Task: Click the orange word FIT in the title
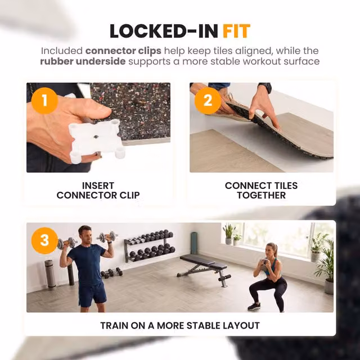coord(236,31)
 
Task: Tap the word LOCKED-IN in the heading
coord(164,31)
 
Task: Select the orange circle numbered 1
coord(44,101)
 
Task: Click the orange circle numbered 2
coord(208,101)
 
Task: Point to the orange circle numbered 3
coord(44,240)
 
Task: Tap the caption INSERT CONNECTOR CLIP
coord(98,190)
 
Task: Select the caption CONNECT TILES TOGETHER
coord(261,190)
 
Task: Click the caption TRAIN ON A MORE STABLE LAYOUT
coord(180,326)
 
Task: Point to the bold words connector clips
coord(123,51)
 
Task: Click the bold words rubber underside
coord(83,61)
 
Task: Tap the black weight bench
coord(204,269)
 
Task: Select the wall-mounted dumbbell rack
coord(150,246)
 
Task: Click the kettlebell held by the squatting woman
coord(264,264)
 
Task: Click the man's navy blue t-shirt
coord(87,264)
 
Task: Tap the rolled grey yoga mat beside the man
coord(50,274)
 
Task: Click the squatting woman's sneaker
coord(254,306)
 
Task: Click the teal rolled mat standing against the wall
coord(194,243)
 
